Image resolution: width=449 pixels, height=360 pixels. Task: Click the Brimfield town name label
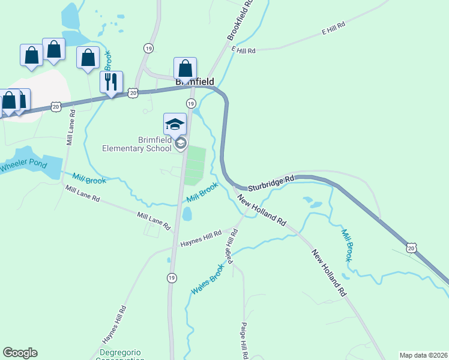click(x=194, y=80)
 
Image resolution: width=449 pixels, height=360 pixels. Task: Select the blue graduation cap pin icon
click(x=175, y=124)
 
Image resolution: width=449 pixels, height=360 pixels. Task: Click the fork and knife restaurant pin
click(x=111, y=82)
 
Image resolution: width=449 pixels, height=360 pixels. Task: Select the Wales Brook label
click(x=207, y=280)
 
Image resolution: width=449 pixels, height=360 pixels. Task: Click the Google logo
click(x=20, y=353)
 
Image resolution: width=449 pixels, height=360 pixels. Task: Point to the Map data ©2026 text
click(x=423, y=355)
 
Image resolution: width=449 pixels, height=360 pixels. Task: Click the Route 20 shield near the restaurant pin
click(x=133, y=92)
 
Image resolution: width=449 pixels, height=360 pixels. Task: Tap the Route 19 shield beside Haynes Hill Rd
click(x=172, y=278)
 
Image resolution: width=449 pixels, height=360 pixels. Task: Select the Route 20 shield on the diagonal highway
click(x=411, y=247)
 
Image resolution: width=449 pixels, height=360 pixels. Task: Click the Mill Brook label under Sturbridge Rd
click(x=346, y=245)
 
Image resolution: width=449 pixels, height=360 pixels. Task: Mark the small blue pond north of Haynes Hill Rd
click(x=187, y=214)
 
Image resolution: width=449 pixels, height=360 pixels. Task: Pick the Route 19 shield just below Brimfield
click(x=191, y=104)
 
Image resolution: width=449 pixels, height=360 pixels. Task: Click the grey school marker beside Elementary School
click(x=181, y=143)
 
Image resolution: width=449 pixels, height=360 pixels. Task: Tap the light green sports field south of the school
click(x=194, y=166)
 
